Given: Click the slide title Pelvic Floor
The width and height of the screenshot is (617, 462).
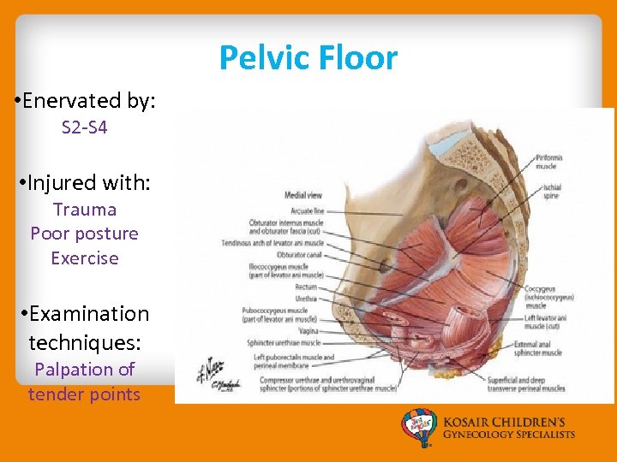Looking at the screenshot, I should (308, 58).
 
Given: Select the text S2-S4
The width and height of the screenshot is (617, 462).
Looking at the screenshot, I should (84, 128).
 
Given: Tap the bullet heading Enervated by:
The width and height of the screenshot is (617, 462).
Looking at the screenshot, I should (85, 100).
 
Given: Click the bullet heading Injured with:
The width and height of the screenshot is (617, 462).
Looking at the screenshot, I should (83, 182).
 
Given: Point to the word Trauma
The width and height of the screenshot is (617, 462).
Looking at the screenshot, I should (84, 210).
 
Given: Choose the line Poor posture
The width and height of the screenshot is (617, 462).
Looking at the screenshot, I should (84, 234).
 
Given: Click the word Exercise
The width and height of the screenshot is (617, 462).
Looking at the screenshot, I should (84, 258).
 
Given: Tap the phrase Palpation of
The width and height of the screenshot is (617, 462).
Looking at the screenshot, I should (84, 370).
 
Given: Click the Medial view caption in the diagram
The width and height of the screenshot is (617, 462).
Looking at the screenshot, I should (303, 195).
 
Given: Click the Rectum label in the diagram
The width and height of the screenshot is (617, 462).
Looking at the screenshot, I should (306, 287).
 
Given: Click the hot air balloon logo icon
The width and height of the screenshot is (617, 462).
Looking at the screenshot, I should (420, 429).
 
